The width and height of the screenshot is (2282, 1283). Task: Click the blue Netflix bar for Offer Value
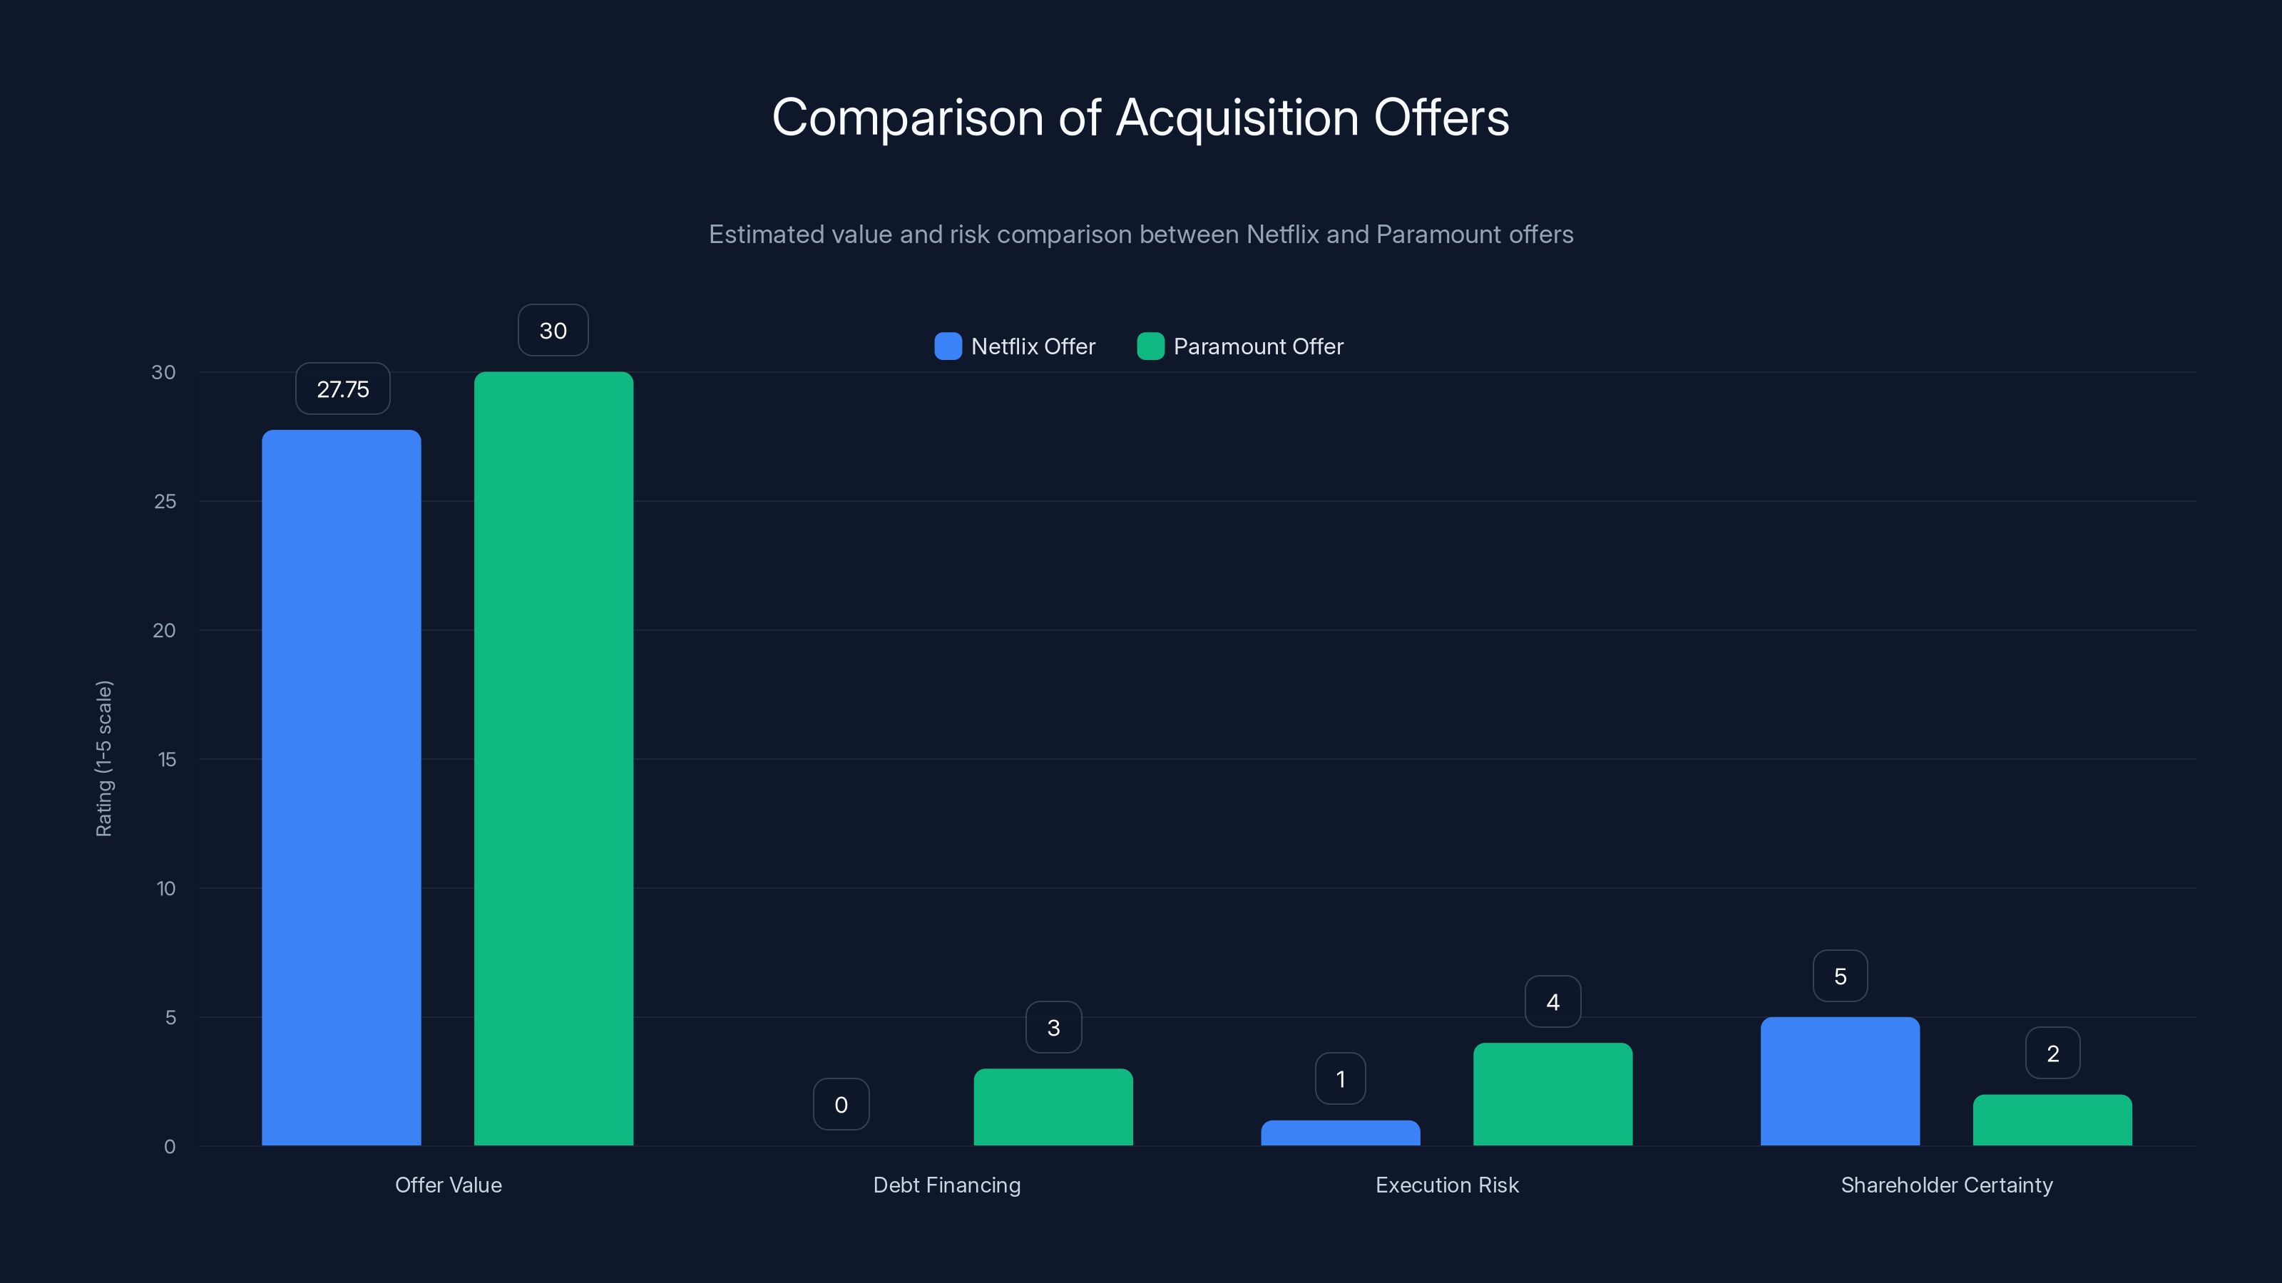pyautogui.click(x=341, y=788)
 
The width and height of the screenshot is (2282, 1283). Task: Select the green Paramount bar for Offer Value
pyautogui.click(x=553, y=759)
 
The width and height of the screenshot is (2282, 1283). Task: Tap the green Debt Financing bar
pyautogui.click(x=1053, y=1107)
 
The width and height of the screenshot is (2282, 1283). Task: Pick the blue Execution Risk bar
pyautogui.click(x=1341, y=1133)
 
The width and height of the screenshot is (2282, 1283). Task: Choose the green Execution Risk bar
pyautogui.click(x=1553, y=1094)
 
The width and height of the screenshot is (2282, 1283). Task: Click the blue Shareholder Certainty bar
pyautogui.click(x=1840, y=1081)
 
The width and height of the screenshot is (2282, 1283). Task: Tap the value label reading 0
pyautogui.click(x=841, y=1104)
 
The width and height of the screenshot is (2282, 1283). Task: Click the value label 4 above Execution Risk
pyautogui.click(x=1553, y=1001)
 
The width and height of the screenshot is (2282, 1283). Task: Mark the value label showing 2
pyautogui.click(x=2052, y=1053)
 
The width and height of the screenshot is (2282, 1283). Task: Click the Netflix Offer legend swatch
pyautogui.click(x=948, y=346)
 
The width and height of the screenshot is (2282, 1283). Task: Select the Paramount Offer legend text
pyautogui.click(x=1258, y=346)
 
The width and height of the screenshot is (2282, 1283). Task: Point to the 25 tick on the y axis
pyautogui.click(x=165, y=501)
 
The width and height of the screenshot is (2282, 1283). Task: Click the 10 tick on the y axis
pyautogui.click(x=165, y=888)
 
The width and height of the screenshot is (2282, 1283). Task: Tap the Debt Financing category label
pyautogui.click(x=947, y=1185)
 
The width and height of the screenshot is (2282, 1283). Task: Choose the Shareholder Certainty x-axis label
pyautogui.click(x=1946, y=1185)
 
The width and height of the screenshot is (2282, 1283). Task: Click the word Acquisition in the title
pyautogui.click(x=1237, y=118)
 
